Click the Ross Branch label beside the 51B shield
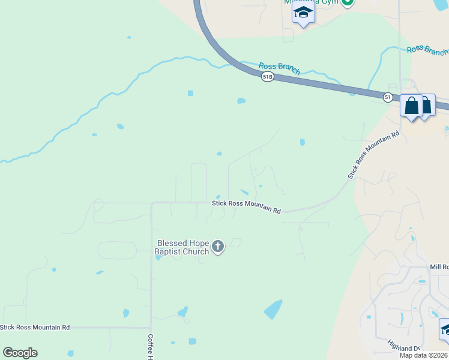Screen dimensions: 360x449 pyautogui.click(x=279, y=68)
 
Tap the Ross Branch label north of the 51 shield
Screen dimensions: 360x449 pyautogui.click(x=427, y=50)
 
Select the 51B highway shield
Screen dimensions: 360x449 pyautogui.click(x=268, y=77)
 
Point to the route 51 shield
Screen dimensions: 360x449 pyautogui.click(x=389, y=97)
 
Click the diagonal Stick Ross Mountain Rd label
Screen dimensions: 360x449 pyautogui.click(x=373, y=155)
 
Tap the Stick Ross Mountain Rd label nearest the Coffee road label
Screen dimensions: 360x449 pyautogui.click(x=35, y=327)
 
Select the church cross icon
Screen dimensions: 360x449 pyautogui.click(x=218, y=246)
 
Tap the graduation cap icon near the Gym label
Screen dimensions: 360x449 pyautogui.click(x=303, y=13)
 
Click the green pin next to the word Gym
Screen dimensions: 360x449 pyautogui.click(x=347, y=3)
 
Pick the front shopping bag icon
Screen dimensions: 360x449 pyautogui.click(x=412, y=106)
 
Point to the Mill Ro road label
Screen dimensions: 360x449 pyautogui.click(x=439, y=266)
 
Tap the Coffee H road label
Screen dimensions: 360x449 pyautogui.click(x=151, y=347)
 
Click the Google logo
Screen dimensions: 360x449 pyautogui.click(x=20, y=353)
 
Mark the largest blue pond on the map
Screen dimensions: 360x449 pyautogui.click(x=273, y=309)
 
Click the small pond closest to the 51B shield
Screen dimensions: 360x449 pyautogui.click(x=241, y=101)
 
